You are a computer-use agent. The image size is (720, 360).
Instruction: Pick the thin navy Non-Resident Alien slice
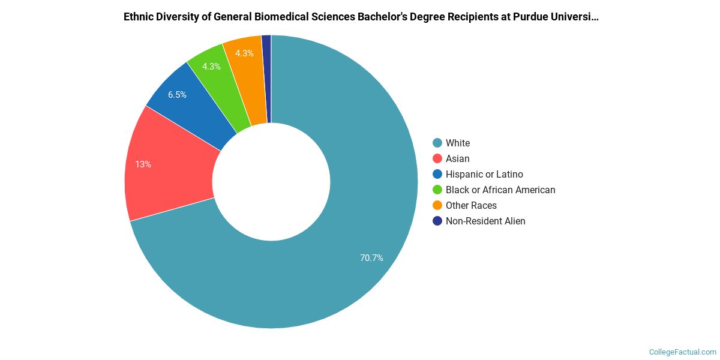[x=266, y=78]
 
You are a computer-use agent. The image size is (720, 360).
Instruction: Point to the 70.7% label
[x=371, y=258]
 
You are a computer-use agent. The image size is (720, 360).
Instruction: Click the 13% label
[x=143, y=164]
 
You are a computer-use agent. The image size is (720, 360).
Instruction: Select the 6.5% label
[x=177, y=95]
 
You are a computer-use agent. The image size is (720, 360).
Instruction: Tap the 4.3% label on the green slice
[x=211, y=67]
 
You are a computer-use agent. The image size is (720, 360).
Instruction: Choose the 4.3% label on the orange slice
[x=244, y=53]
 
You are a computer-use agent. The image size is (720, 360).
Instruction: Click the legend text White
[x=458, y=143]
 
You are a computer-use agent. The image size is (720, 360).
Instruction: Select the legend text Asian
[x=458, y=158]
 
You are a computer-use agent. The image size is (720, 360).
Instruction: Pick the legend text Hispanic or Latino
[x=484, y=174]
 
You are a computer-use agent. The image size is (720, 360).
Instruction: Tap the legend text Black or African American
[x=500, y=190]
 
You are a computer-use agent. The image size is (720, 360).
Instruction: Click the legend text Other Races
[x=471, y=205]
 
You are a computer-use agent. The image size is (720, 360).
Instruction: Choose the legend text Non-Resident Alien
[x=485, y=221]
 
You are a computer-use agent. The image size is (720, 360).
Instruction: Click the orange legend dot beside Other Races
[x=437, y=205]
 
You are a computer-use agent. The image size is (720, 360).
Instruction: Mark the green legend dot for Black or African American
[x=437, y=190]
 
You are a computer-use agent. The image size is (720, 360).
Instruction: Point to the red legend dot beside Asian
[x=437, y=158]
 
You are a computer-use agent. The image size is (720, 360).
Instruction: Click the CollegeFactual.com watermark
[x=683, y=352]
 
